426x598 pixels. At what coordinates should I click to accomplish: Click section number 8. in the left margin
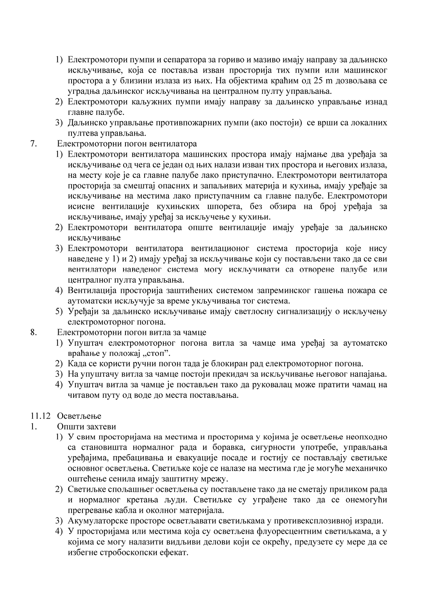(33, 333)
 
